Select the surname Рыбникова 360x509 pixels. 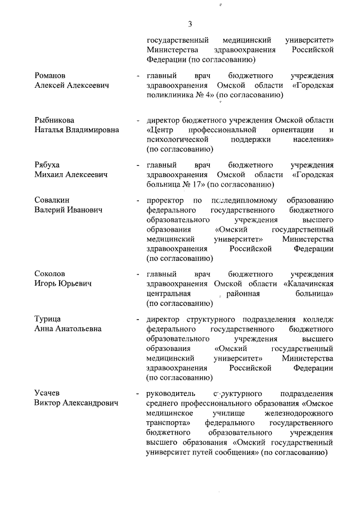[x=54, y=120]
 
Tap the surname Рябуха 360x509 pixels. [x=47, y=165]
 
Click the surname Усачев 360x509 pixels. [x=46, y=393]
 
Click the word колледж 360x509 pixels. [x=317, y=319]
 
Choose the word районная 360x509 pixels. [x=243, y=294]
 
